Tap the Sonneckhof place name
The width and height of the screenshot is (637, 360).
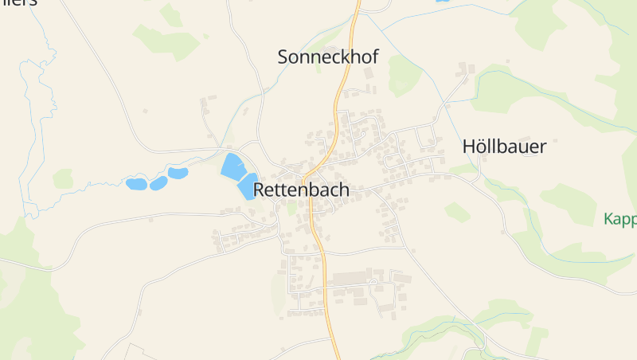[x=327, y=57]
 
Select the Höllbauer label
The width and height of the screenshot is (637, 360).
[x=504, y=147]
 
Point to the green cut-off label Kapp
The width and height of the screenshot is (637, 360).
[x=619, y=219]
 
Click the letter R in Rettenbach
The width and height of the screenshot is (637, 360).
[x=260, y=190]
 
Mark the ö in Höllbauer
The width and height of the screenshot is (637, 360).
[x=479, y=147]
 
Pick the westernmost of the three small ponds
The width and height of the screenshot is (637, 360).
[x=136, y=184]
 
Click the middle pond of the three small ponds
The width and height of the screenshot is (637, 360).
[x=158, y=182]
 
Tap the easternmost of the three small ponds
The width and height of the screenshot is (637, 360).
[x=178, y=173]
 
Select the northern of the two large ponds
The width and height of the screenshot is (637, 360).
[x=232, y=166]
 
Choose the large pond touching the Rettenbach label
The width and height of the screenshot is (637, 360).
[x=246, y=187]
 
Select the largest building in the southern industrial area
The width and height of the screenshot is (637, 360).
[x=350, y=278]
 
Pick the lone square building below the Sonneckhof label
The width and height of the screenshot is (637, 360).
[x=368, y=74]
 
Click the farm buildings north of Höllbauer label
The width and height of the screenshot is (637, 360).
[x=461, y=74]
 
